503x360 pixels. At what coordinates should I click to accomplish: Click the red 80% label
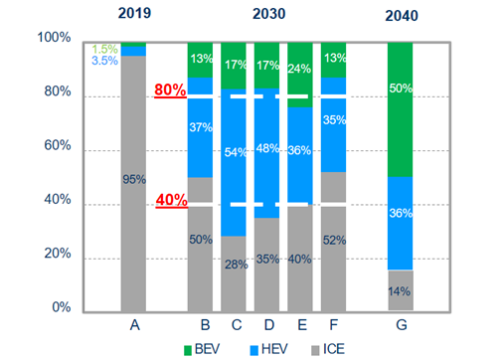pyautogui.click(x=170, y=90)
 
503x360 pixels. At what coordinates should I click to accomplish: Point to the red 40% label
pyautogui.click(x=170, y=199)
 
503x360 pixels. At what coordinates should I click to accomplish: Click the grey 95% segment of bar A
pyautogui.click(x=132, y=180)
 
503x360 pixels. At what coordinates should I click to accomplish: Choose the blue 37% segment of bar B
pyautogui.click(x=202, y=127)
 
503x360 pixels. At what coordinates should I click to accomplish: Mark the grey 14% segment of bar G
pyautogui.click(x=400, y=290)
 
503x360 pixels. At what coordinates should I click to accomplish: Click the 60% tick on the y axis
pyautogui.click(x=57, y=145)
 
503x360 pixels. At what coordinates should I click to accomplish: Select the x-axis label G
pyautogui.click(x=401, y=324)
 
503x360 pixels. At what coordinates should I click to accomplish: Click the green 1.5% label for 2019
pyautogui.click(x=103, y=48)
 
